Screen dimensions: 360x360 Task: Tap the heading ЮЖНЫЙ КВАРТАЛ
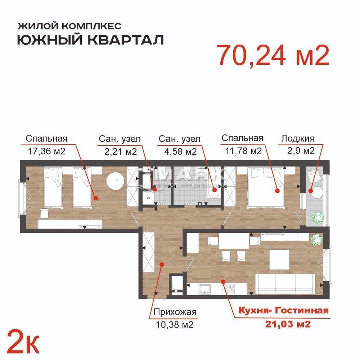click(x=91, y=40)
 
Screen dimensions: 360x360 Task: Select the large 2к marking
click(x=23, y=342)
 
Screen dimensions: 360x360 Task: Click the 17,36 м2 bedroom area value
click(x=46, y=151)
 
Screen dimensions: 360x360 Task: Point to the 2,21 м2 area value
click(x=121, y=151)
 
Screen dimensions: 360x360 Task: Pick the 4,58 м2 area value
click(x=180, y=151)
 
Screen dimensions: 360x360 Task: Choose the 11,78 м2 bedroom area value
click(x=243, y=151)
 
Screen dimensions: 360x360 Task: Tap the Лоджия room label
click(x=298, y=139)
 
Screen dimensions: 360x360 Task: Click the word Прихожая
click(x=175, y=312)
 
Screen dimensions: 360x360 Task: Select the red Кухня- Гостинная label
click(x=284, y=310)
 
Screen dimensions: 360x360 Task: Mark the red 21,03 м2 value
click(x=288, y=324)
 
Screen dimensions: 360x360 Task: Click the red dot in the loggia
click(x=310, y=191)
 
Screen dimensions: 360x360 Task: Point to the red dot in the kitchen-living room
click(x=223, y=281)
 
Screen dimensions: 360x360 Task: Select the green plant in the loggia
click(x=317, y=217)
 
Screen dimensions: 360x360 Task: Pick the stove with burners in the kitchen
click(x=229, y=289)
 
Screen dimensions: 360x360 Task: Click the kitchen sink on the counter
click(x=205, y=289)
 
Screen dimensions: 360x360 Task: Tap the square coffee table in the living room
click(x=279, y=259)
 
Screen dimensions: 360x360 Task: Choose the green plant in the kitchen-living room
click(x=316, y=240)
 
